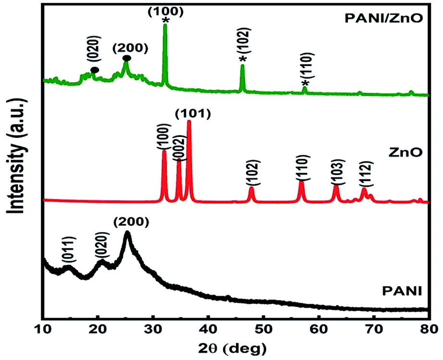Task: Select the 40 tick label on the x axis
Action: coord(208,329)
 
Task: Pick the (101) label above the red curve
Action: coord(192,114)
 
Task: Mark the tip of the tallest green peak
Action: coord(165,25)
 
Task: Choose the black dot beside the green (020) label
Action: coord(95,70)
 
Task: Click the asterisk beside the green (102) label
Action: coord(243,59)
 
